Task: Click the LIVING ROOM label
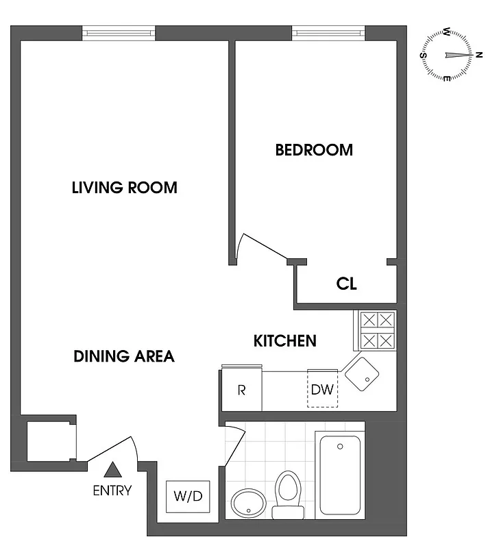tap(124, 187)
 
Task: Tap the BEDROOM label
tap(314, 150)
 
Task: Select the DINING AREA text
tap(124, 356)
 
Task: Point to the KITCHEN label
tap(285, 340)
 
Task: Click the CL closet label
tap(346, 284)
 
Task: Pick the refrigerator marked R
tap(241, 390)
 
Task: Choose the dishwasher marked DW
tap(321, 390)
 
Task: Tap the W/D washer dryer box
tap(188, 497)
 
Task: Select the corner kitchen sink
tap(362, 374)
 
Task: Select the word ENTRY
tap(112, 490)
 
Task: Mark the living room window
tap(119, 32)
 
